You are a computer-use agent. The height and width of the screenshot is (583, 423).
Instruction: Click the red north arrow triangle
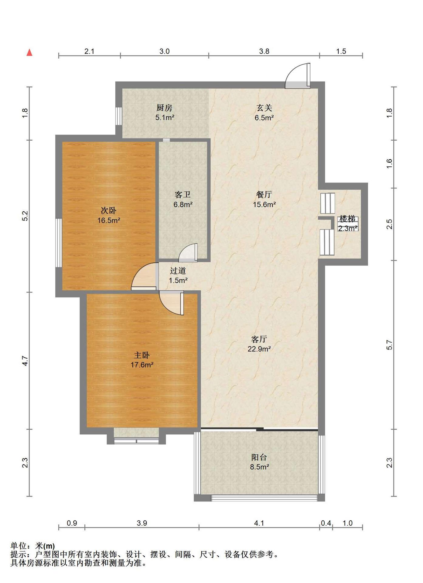29,53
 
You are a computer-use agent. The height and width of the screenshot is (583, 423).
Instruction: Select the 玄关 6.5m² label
264,112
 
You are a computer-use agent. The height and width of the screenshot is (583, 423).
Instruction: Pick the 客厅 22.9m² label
259,344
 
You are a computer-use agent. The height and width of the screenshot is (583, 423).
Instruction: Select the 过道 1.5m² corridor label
178,275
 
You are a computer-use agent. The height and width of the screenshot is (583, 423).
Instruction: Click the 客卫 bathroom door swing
188,253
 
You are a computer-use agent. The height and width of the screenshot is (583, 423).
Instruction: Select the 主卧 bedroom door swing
172,303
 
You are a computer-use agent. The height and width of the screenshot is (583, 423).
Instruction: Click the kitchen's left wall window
119,116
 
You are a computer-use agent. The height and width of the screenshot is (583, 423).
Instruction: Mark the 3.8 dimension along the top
264,51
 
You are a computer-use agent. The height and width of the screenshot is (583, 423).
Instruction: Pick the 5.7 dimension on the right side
389,345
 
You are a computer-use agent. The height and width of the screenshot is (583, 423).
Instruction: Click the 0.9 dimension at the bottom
72,523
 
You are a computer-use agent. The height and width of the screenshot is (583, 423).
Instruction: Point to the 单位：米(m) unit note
33,546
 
